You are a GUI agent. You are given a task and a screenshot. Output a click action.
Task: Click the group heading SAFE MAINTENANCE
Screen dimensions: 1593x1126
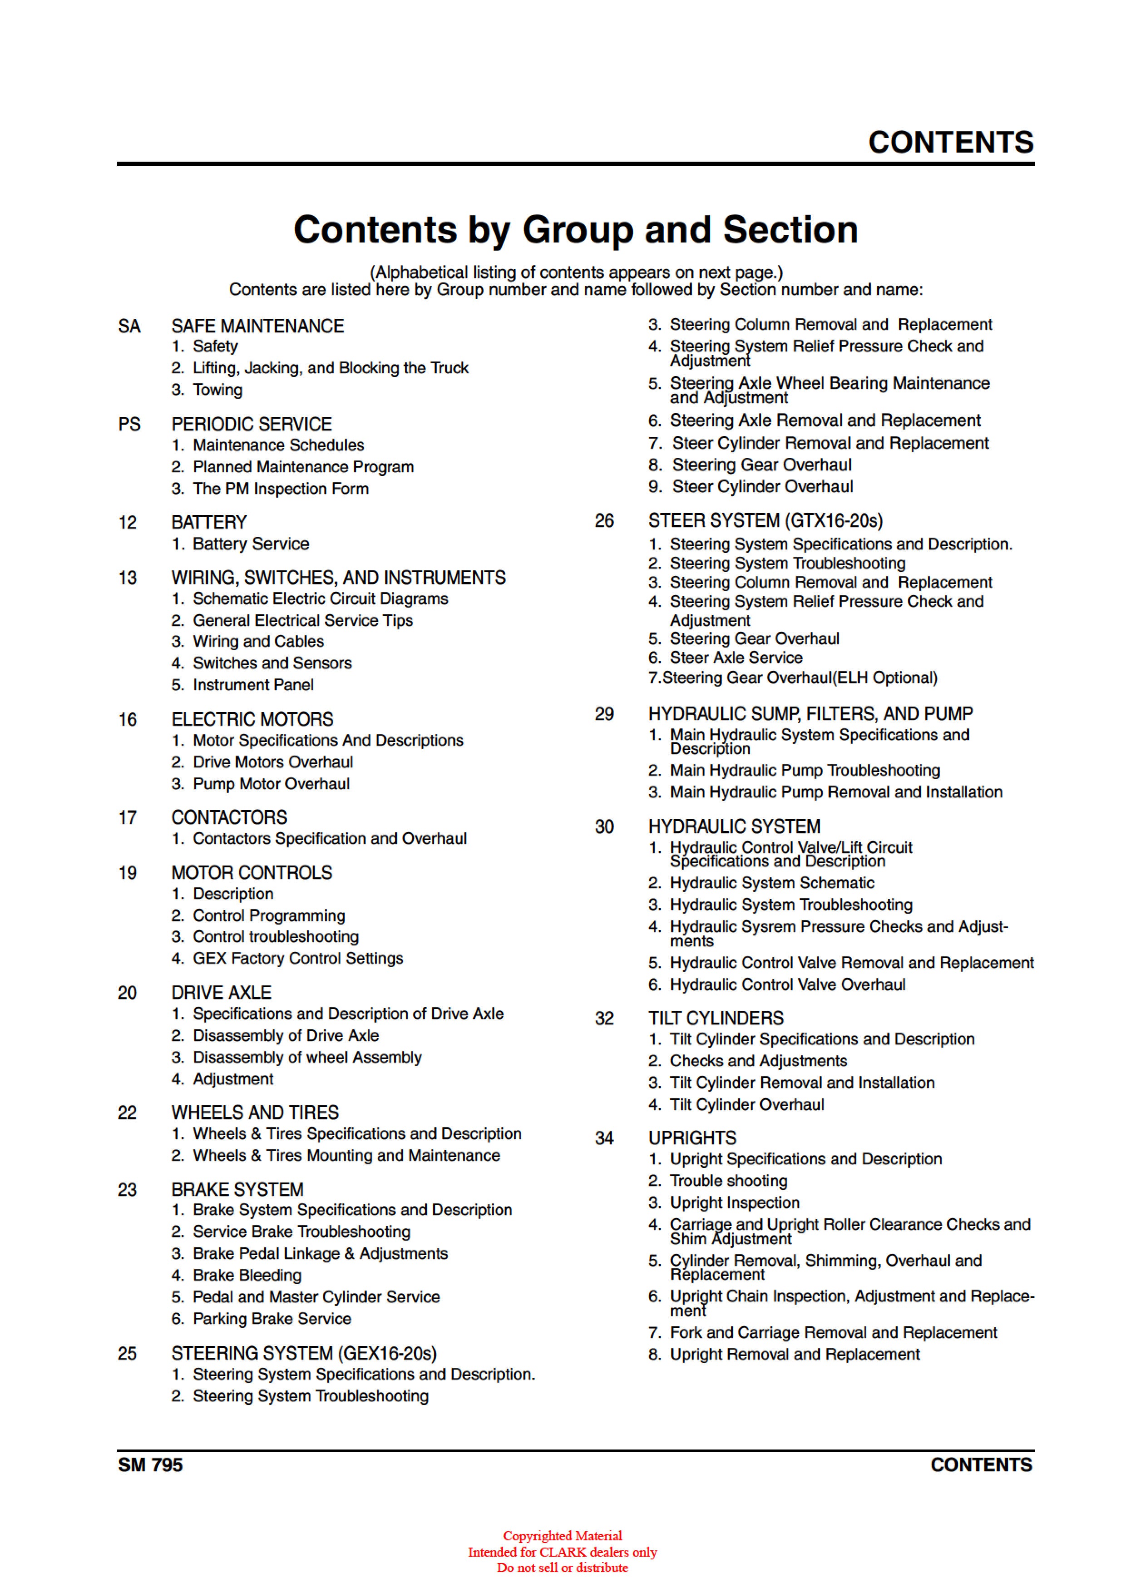click(257, 326)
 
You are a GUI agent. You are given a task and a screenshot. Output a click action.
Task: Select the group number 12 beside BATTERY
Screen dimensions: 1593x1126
click(128, 522)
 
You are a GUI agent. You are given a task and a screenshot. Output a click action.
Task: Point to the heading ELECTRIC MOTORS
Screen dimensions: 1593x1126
click(252, 719)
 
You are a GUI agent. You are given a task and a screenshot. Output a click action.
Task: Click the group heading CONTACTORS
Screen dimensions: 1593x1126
click(229, 817)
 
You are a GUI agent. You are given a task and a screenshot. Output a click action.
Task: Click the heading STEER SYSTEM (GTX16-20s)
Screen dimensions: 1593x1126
click(765, 521)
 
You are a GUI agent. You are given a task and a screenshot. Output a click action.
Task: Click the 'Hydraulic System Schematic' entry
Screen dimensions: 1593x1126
click(771, 883)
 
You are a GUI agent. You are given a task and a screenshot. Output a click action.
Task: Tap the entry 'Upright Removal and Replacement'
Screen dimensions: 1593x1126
click(795, 1354)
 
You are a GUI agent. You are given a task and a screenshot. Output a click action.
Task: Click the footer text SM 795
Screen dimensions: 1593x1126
click(150, 1465)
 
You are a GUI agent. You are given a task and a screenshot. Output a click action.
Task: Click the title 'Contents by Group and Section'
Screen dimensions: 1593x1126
click(575, 230)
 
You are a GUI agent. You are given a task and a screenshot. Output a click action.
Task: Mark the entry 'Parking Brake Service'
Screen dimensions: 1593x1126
click(272, 1319)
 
